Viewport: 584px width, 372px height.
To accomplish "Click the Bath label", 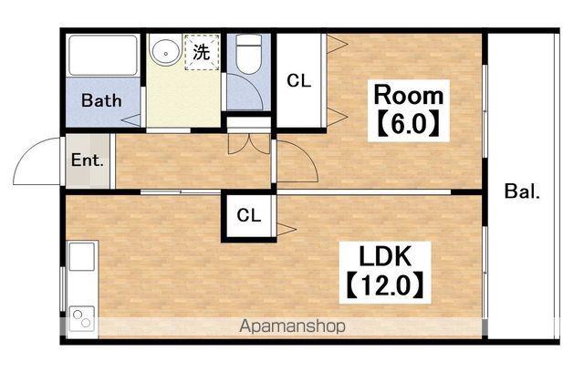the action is [101, 100].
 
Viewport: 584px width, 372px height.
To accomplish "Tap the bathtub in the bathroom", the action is [103, 56].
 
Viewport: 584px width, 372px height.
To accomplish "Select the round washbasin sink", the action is [165, 51].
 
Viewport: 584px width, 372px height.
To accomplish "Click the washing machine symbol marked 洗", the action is [202, 52].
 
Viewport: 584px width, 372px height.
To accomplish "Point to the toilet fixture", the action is [248, 54].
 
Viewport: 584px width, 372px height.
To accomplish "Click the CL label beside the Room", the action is [298, 80].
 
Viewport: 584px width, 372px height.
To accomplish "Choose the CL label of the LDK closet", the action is [249, 215].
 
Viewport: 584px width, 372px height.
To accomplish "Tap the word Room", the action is [409, 95].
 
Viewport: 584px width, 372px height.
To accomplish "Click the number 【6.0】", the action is [409, 124].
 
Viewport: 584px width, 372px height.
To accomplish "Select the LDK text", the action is [385, 256].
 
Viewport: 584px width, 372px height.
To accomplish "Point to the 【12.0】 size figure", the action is [385, 285].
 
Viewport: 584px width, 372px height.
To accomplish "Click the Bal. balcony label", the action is [522, 191].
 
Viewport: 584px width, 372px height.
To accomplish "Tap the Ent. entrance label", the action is [88, 160].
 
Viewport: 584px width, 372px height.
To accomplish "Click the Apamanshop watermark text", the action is [292, 326].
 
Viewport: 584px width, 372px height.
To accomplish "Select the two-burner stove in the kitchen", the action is [82, 319].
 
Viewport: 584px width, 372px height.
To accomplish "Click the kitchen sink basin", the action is [81, 257].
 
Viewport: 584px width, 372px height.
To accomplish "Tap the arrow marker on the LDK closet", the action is [286, 229].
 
